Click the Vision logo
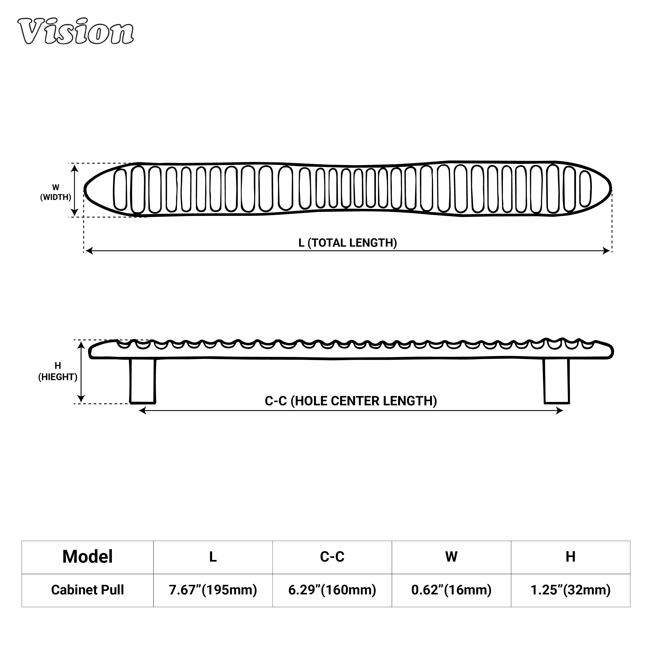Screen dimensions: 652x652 tap(76, 31)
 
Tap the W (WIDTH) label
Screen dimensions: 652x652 tap(56, 192)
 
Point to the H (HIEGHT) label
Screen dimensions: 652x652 tap(58, 371)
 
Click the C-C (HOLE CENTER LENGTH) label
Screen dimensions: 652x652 tap(351, 401)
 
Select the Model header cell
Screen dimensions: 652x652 tap(87, 557)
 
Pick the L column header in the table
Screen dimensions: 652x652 tap(213, 557)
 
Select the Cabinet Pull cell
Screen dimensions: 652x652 tap(87, 590)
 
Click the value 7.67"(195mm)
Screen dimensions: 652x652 tap(213, 590)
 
